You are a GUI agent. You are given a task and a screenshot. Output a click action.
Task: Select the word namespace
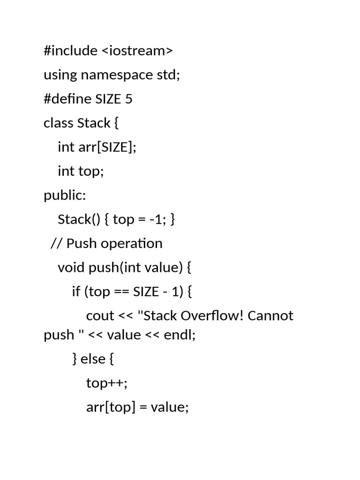pyautogui.click(x=117, y=75)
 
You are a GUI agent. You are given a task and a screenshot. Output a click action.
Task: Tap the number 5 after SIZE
pyautogui.click(x=128, y=99)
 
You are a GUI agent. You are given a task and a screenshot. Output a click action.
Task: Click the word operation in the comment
pyautogui.click(x=132, y=244)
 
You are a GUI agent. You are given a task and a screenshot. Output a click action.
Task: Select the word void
pyautogui.click(x=71, y=267)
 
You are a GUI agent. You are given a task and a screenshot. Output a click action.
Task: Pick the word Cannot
pyautogui.click(x=270, y=315)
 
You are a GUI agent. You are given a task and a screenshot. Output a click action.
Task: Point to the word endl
pyautogui.click(x=178, y=335)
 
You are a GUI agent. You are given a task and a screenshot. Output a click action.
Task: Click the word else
pyautogui.click(x=93, y=359)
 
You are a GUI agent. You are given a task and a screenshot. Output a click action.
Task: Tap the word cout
pyautogui.click(x=100, y=316)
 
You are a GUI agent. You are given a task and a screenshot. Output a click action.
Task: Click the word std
pyautogui.click(x=168, y=75)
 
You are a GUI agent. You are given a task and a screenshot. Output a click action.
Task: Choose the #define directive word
pyautogui.click(x=67, y=99)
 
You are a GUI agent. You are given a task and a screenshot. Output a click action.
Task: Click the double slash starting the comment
pyautogui.click(x=57, y=243)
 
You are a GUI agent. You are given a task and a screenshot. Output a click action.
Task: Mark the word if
pyautogui.click(x=76, y=291)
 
